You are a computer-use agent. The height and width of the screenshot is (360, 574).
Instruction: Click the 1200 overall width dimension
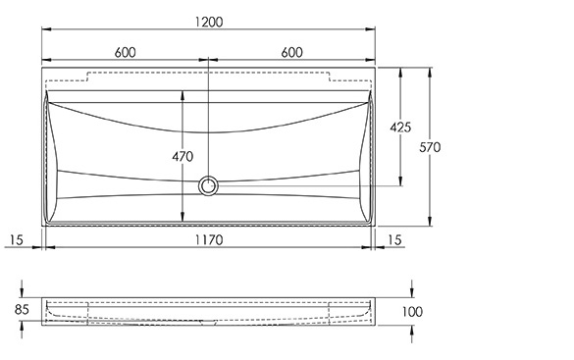[208, 22]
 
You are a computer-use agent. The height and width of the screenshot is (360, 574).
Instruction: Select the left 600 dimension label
[126, 53]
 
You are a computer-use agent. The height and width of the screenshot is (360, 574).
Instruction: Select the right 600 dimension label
[291, 53]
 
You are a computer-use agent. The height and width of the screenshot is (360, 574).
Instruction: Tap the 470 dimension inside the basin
[183, 157]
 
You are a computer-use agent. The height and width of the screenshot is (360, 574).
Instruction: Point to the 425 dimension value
[400, 128]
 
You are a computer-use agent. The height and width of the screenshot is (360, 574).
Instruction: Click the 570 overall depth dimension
[430, 147]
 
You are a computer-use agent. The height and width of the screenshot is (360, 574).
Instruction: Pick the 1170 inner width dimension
[209, 240]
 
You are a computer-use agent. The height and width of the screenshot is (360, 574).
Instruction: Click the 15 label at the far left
[17, 240]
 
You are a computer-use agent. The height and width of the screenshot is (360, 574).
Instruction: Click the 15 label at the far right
[394, 240]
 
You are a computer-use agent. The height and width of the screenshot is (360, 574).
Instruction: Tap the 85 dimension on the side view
[22, 310]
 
